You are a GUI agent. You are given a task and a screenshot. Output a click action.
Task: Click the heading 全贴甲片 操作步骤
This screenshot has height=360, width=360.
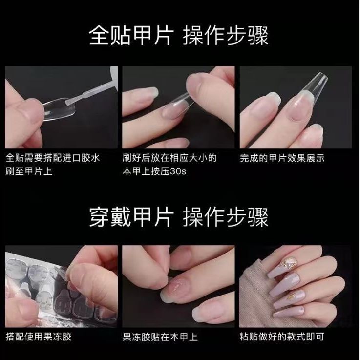(x=178, y=36)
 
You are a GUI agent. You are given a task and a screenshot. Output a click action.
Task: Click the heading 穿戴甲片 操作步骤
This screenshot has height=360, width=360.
(x=178, y=217)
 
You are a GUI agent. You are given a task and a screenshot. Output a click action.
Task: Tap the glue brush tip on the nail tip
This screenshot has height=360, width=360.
(x=69, y=101)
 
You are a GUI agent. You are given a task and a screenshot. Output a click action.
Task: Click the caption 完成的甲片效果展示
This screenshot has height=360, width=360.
(x=282, y=158)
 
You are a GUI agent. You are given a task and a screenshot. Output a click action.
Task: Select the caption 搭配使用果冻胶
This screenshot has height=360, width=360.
(x=39, y=337)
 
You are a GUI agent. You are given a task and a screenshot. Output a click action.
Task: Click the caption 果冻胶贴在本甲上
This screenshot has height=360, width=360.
(x=160, y=337)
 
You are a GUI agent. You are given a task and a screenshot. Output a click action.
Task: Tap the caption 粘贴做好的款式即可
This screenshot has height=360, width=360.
(x=282, y=337)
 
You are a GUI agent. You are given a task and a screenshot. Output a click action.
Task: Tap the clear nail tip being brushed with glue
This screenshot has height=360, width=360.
(x=59, y=109)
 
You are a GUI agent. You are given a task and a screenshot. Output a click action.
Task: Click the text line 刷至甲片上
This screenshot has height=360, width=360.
(x=29, y=172)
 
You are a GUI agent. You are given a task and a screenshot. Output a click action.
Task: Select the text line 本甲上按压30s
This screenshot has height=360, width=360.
(x=154, y=172)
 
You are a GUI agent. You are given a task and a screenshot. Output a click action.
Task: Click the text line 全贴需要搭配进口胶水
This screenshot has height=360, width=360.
(x=53, y=158)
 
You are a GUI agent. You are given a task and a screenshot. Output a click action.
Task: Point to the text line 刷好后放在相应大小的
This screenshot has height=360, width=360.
(x=169, y=158)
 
